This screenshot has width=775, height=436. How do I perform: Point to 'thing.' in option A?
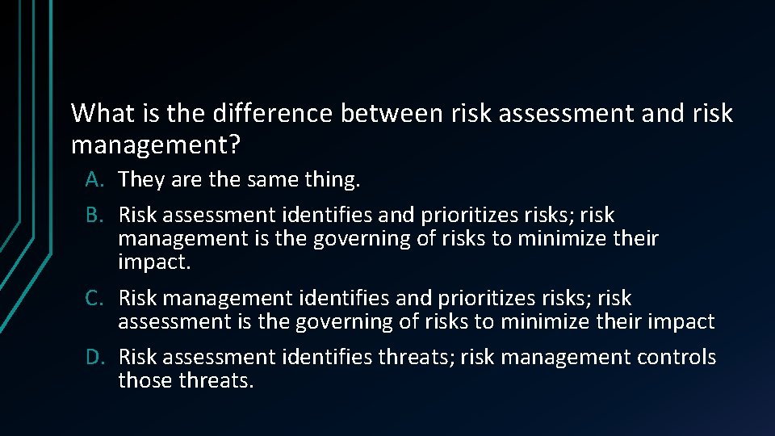[335, 179]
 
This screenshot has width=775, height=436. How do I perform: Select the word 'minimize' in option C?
[542, 322]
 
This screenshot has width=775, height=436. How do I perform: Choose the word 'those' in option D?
[146, 380]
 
